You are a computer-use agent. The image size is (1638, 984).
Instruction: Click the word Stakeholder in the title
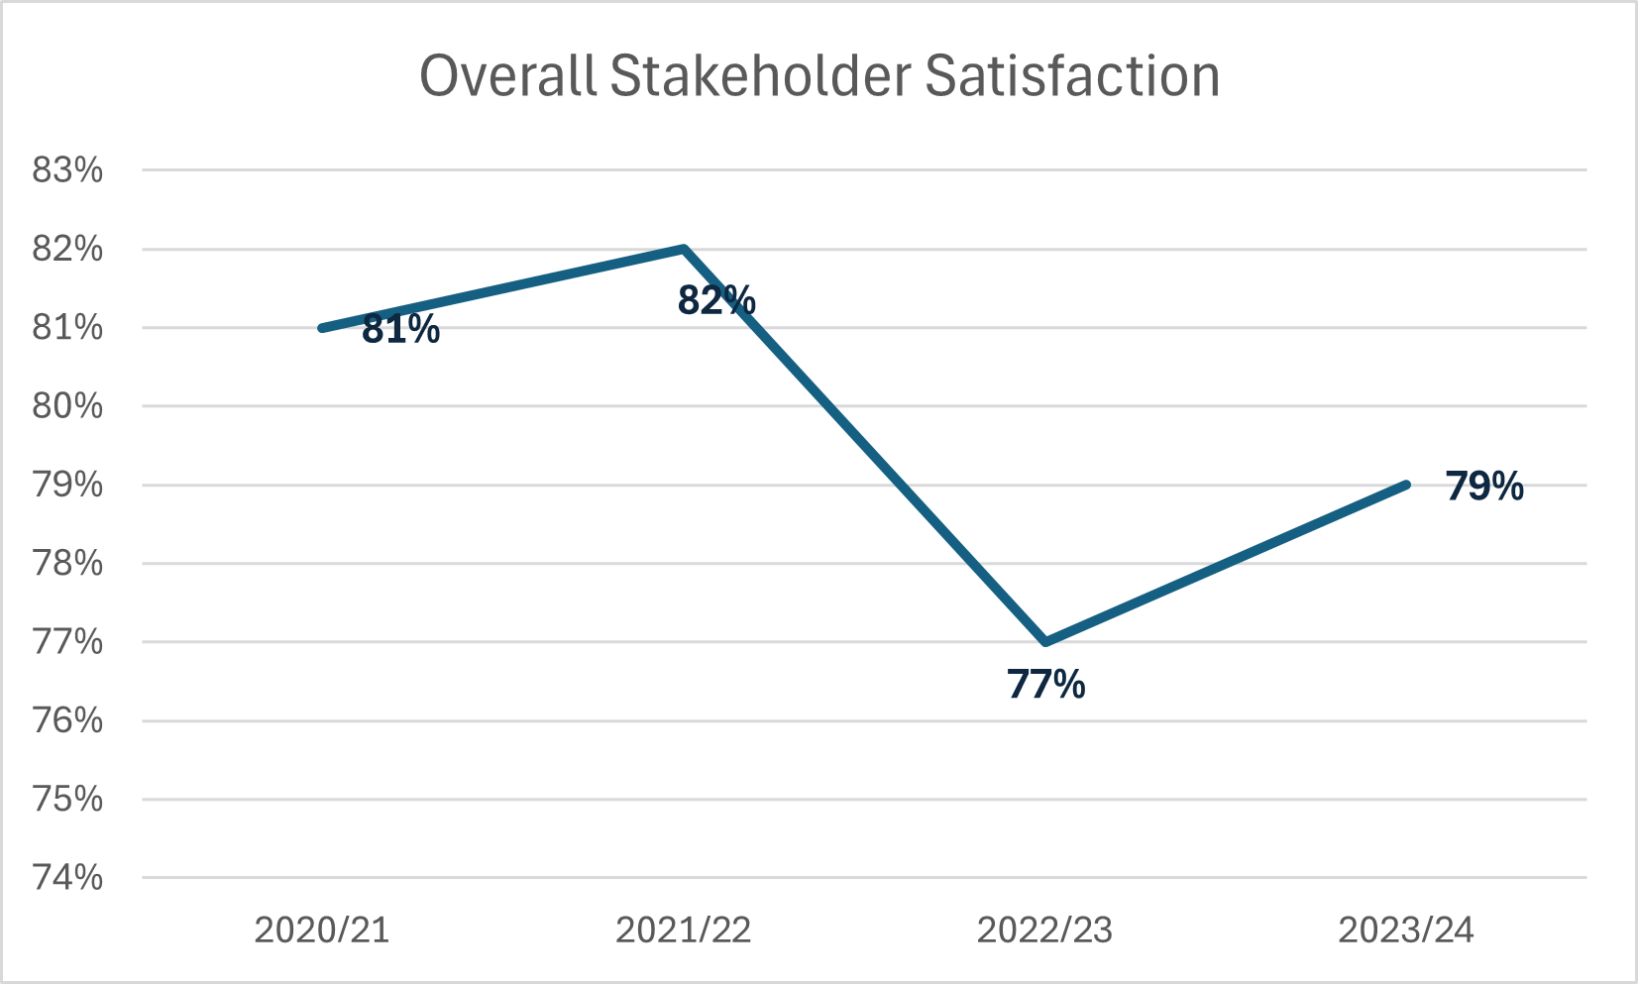pos(760,76)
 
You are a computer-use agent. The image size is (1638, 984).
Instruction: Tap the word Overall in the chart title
pos(508,76)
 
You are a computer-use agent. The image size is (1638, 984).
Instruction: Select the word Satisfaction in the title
pos(1072,76)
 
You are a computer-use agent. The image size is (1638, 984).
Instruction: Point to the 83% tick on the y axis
pos(67,170)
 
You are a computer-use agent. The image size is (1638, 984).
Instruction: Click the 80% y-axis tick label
pos(67,406)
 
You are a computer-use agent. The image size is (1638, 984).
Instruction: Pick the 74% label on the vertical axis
pos(67,878)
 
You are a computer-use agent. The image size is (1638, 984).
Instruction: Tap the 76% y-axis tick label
pos(67,720)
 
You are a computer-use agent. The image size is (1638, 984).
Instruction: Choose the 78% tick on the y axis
pos(67,564)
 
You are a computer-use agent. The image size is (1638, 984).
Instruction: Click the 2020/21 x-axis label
pos(322,930)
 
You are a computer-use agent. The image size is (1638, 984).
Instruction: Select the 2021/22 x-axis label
pos(684,930)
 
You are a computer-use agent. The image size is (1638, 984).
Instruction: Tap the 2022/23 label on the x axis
pos(1045,930)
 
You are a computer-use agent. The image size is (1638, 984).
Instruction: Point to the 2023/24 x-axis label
pos(1406,930)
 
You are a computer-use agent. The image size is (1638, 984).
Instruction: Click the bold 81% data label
pos(400,330)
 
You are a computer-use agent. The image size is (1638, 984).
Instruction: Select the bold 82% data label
pos(716,300)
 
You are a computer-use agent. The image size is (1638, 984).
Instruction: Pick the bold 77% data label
pos(1046,685)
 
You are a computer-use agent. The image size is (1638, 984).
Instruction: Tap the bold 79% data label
pos(1484,487)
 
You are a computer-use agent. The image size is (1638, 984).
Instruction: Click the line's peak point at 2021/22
pos(684,249)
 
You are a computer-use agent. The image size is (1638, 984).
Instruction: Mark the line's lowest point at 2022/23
pos(1045,642)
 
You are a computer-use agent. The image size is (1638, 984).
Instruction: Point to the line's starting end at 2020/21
pos(323,328)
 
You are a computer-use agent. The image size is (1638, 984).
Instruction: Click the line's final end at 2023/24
pos(1406,485)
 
